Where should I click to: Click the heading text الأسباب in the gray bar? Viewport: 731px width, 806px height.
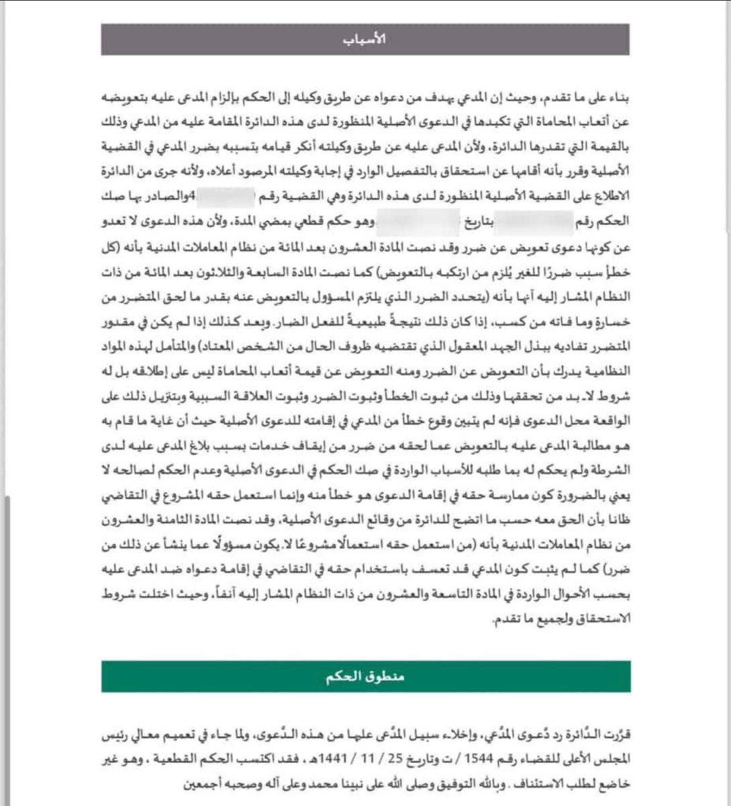pos(365,39)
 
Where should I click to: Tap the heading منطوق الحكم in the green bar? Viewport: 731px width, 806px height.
pos(366,676)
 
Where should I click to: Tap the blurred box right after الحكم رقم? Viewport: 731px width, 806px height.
pos(537,219)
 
